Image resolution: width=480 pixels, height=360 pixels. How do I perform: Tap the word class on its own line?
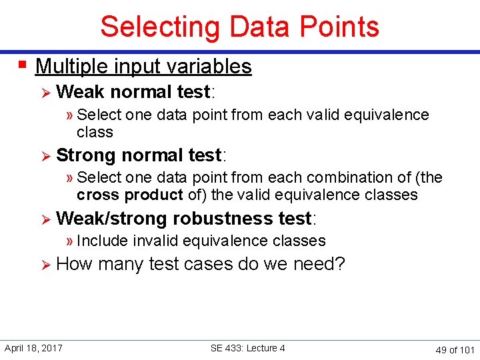[x=95, y=132]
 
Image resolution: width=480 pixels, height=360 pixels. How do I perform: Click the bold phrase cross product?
[x=129, y=195]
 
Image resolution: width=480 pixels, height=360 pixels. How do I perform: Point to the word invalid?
[x=155, y=241]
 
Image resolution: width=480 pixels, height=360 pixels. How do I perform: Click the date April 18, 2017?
[x=33, y=348]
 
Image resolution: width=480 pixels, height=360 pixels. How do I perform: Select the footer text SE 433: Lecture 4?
[x=247, y=348]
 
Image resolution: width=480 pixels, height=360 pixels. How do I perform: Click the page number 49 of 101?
[x=455, y=349]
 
